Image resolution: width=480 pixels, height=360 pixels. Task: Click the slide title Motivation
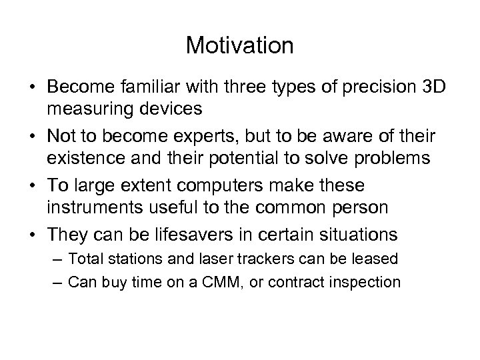coord(239,45)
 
